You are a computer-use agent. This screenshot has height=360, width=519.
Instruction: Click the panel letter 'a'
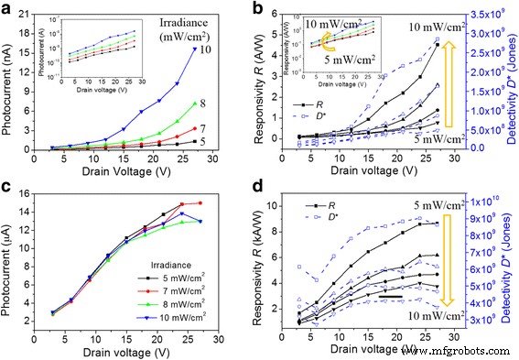[x=8, y=9]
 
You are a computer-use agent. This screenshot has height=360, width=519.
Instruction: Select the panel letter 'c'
[x=7, y=189]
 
